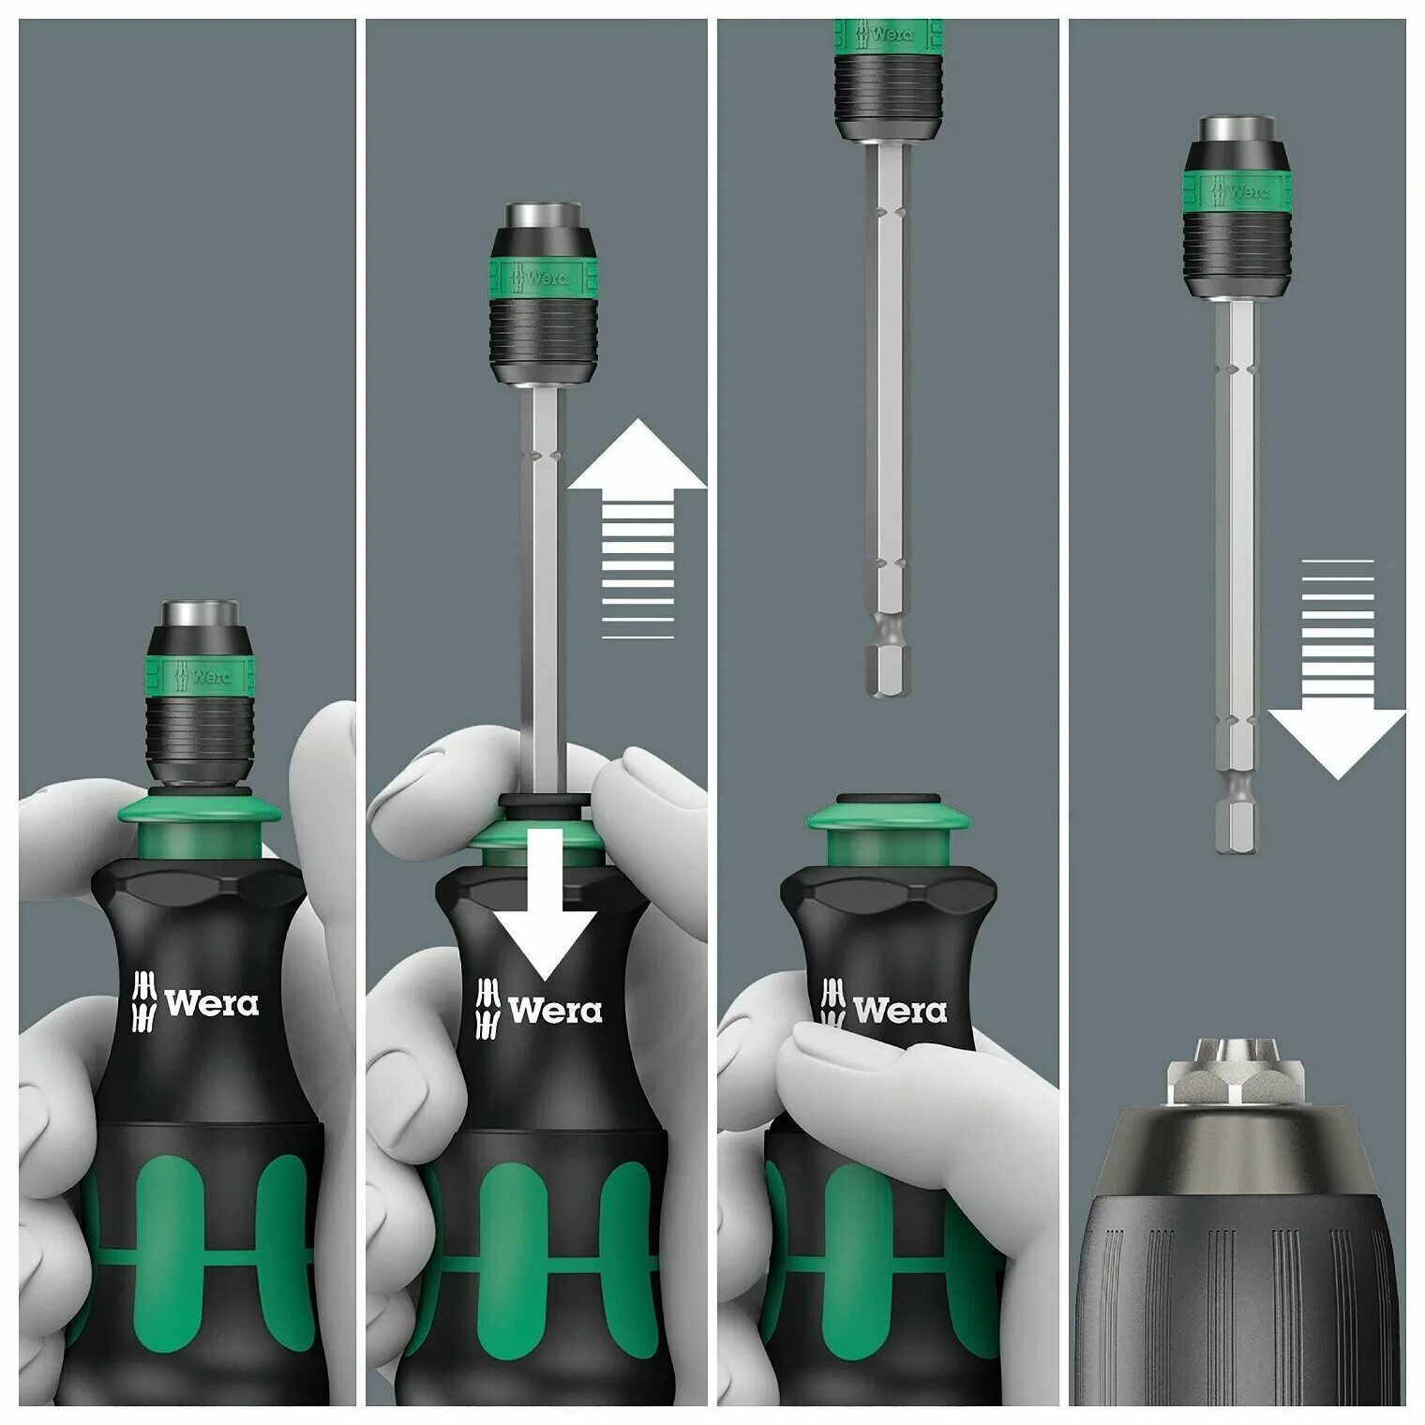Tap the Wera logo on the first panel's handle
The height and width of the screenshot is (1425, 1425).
tap(198, 1004)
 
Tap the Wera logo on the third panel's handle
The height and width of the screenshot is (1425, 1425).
tap(885, 1011)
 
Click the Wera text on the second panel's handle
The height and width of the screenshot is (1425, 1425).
tap(555, 1011)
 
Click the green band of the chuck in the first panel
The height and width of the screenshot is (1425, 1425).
tap(207, 674)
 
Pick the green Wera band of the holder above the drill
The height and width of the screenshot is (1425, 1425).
tap(1237, 191)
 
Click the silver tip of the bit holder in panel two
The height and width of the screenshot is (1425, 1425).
tap(545, 217)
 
